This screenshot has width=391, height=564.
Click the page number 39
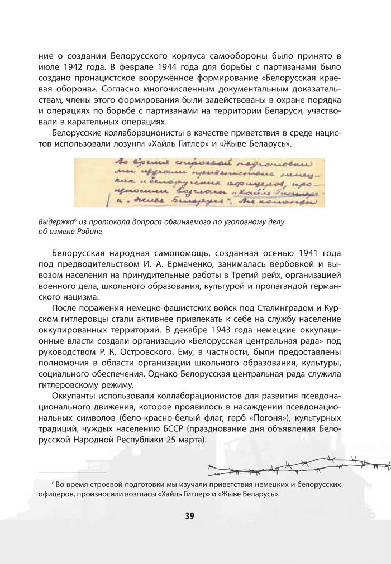tap(189, 516)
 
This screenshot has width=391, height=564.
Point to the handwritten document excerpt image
tap(199, 183)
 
